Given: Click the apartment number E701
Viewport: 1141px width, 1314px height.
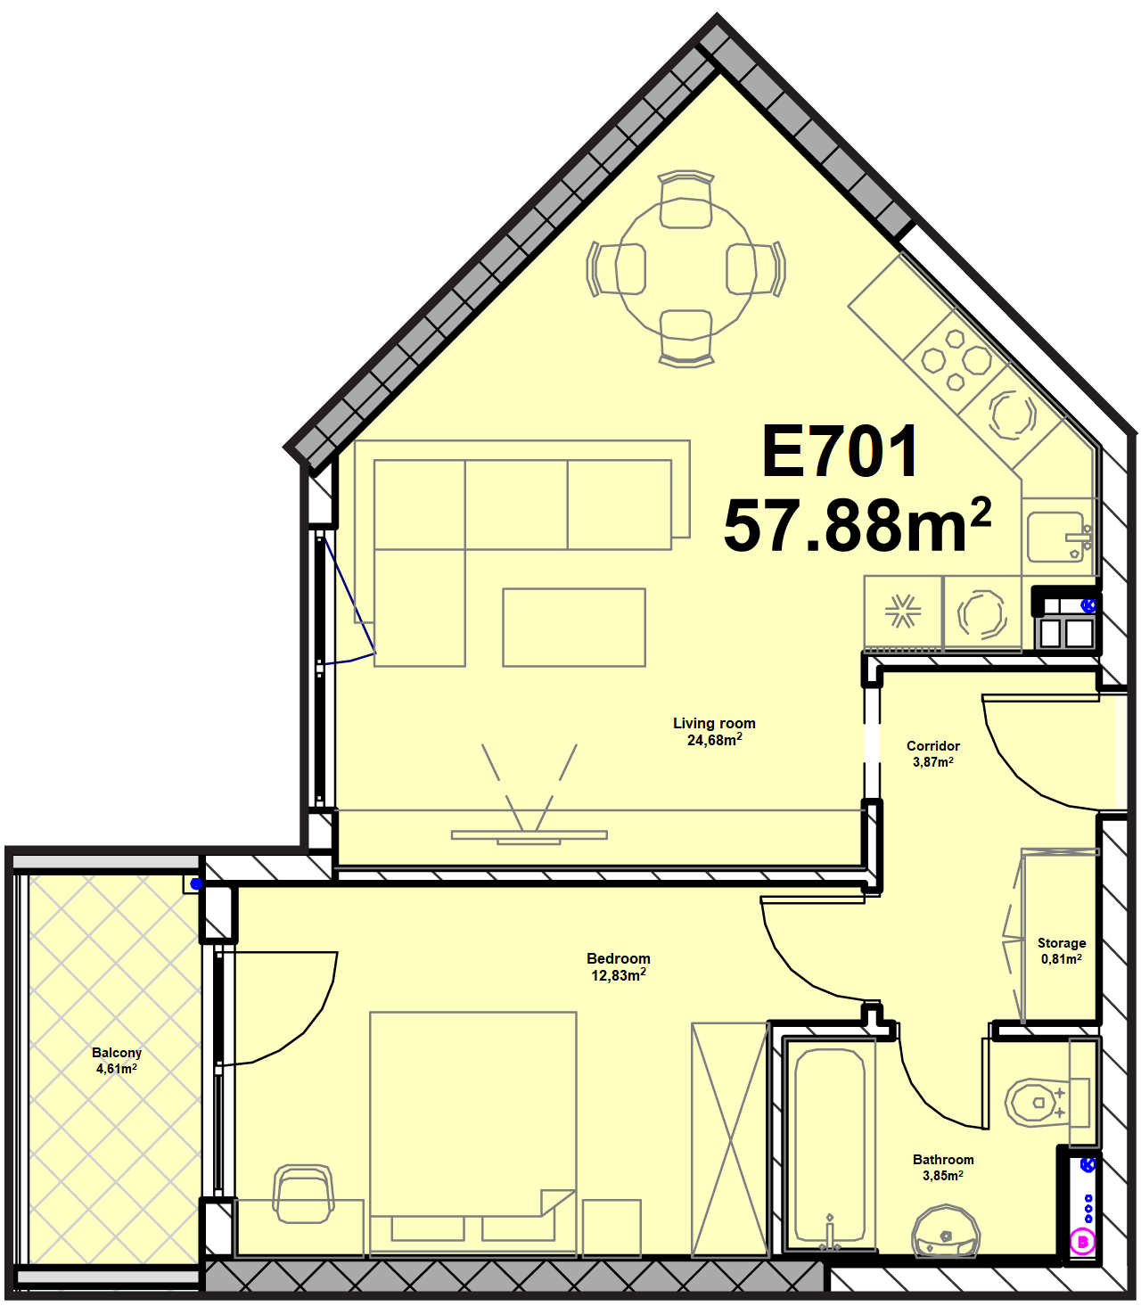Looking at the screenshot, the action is click(839, 451).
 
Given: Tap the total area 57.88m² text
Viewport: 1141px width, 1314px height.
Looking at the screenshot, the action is click(858, 526).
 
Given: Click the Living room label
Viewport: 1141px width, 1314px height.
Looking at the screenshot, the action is click(714, 723).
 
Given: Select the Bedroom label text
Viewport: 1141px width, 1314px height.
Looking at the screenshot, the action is click(619, 958).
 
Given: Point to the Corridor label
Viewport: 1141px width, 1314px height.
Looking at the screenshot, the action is click(933, 745).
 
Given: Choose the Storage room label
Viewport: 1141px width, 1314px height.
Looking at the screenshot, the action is click(1062, 943).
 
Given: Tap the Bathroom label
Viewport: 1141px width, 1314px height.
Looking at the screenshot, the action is click(943, 1159).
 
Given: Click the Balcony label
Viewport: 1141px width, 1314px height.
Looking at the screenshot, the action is click(116, 1053).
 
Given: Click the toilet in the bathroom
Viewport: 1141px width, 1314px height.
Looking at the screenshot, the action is click(1046, 1103).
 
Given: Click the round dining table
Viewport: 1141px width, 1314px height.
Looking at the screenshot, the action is click(685, 267).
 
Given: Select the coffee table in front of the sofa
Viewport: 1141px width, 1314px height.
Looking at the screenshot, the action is click(574, 628).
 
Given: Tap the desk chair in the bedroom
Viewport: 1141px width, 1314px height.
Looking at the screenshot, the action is click(304, 1194).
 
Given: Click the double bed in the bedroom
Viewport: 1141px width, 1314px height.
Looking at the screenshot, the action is click(472, 1133).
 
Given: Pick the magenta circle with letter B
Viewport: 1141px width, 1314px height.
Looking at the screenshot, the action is click(1083, 1242).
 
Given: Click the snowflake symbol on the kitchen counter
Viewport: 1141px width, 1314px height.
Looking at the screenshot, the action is click(903, 611).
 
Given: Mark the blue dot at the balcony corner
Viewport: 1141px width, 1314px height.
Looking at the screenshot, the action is click(196, 883).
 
